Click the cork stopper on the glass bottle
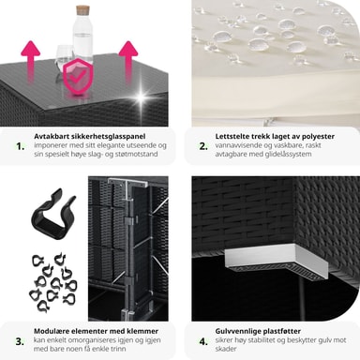pos(82,8)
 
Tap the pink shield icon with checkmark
pos(76,76)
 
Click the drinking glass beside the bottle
pos(64,61)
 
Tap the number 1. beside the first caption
pos(21,146)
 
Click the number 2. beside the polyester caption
pos(203,146)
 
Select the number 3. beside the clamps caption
pos(20,341)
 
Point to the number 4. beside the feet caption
pos(203,341)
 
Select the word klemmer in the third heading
pos(143,331)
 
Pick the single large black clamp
pos(53,214)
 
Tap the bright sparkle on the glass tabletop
pos(142,97)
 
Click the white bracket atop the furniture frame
pos(127,186)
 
